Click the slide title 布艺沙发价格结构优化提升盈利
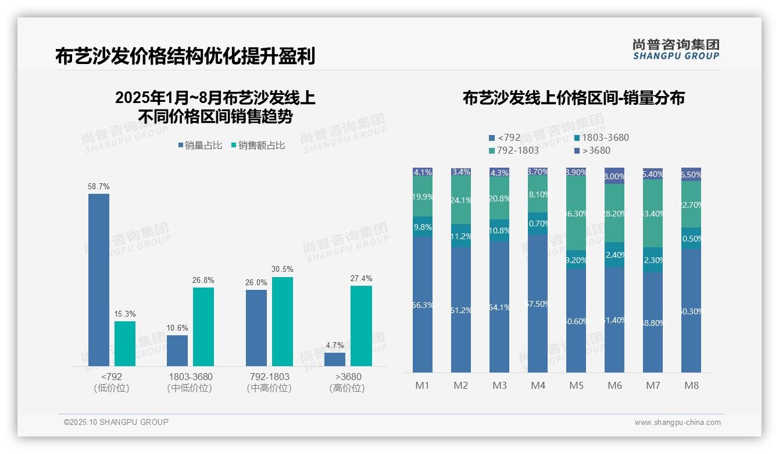tap(185, 56)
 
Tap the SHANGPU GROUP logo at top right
tap(676, 49)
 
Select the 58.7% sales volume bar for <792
tap(99, 279)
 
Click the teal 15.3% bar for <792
tap(125, 343)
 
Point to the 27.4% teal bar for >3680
tap(361, 326)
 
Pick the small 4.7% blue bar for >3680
tap(335, 359)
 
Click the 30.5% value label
tap(283, 269)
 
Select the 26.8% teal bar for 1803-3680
tap(203, 327)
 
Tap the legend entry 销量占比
tap(200, 146)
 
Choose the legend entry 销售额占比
tap(258, 146)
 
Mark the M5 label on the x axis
tap(576, 385)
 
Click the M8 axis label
tap(691, 385)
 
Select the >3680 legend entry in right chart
tap(592, 151)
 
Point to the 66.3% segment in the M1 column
tap(422, 304)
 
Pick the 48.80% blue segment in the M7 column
tap(653, 322)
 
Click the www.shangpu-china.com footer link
tap(677, 423)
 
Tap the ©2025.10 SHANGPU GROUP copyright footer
tap(116, 423)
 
